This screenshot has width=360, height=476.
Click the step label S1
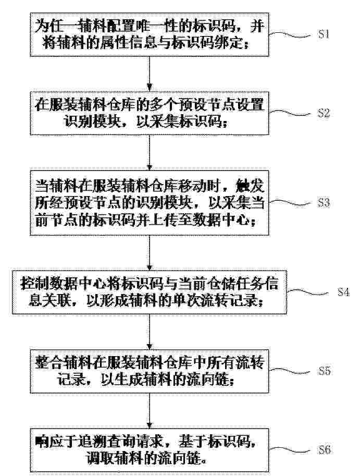(x=324, y=33)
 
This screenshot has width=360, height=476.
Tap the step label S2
(x=324, y=113)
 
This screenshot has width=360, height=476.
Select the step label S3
(x=324, y=202)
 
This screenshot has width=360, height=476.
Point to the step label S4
(x=344, y=292)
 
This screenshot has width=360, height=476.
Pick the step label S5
(x=324, y=371)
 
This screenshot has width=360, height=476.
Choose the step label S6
(x=324, y=449)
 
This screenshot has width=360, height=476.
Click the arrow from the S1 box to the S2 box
(x=149, y=74)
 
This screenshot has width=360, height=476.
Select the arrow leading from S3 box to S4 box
(x=149, y=253)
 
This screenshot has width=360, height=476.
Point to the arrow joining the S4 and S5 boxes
(x=149, y=332)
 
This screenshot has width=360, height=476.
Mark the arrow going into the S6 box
(x=149, y=411)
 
